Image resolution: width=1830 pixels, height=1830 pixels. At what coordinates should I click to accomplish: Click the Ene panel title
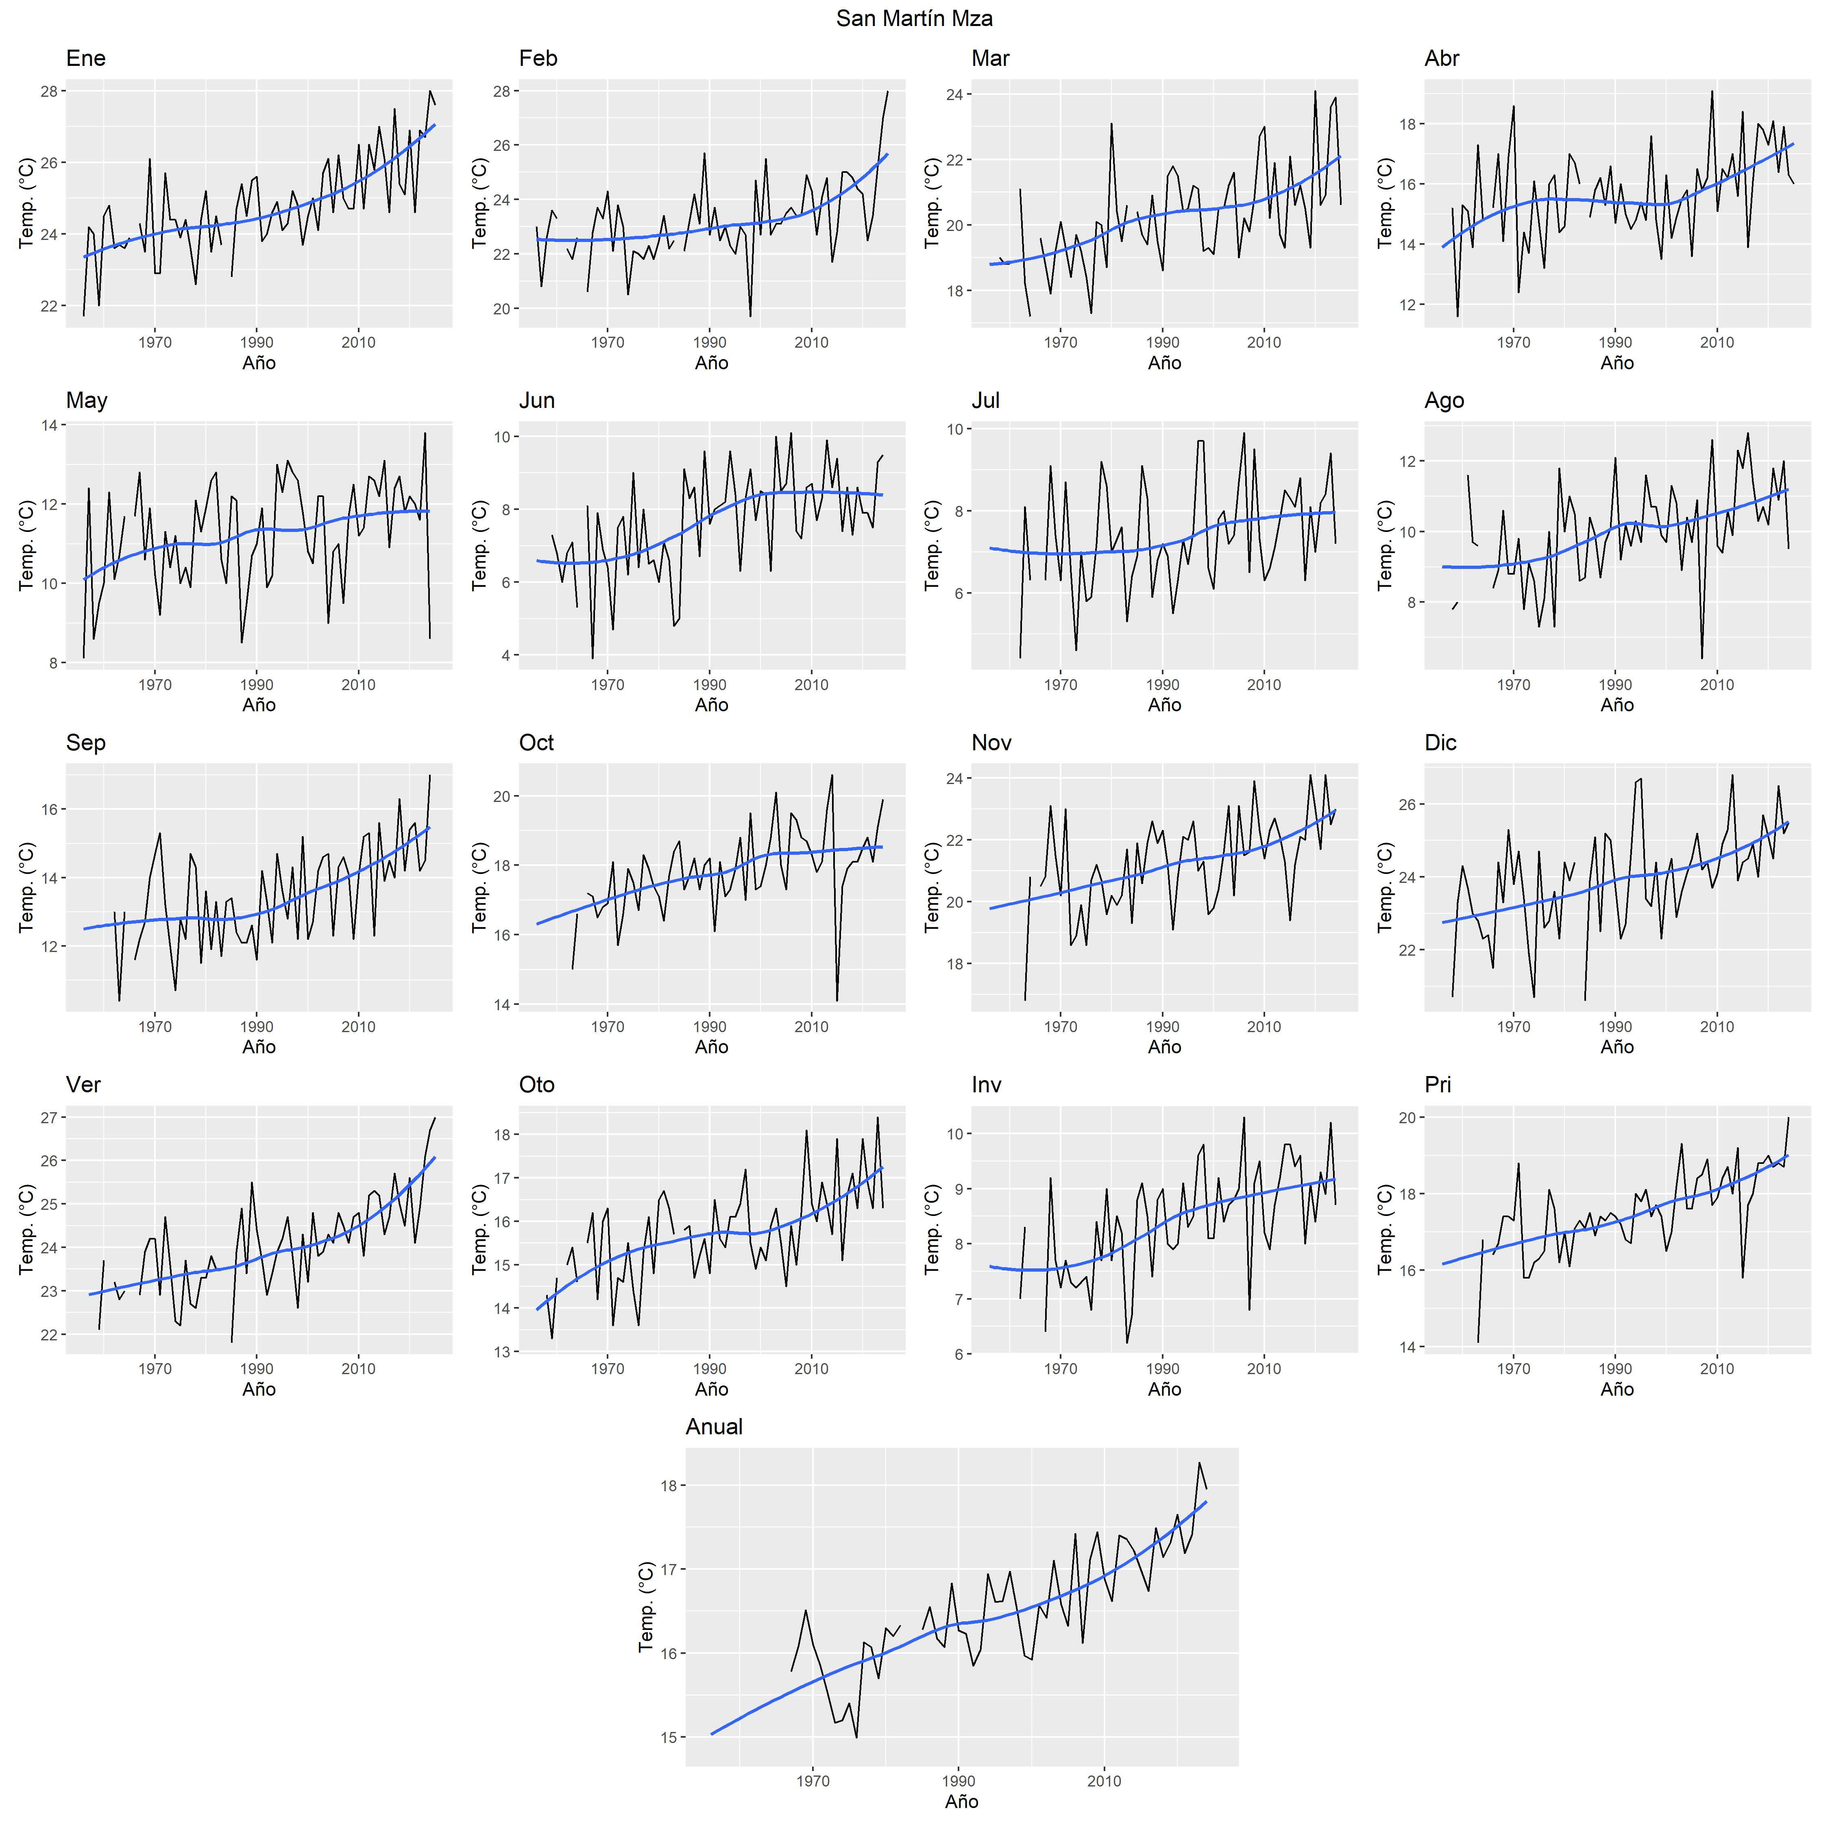click(85, 59)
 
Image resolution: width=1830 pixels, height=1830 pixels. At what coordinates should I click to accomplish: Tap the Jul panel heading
click(985, 401)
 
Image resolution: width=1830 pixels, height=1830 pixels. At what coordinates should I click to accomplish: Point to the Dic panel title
click(1440, 743)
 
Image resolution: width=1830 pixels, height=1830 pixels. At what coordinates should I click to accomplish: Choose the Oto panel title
click(536, 1085)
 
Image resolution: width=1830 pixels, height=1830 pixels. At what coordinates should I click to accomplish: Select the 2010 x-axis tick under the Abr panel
click(1716, 343)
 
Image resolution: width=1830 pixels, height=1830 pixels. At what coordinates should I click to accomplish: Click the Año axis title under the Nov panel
click(1164, 1047)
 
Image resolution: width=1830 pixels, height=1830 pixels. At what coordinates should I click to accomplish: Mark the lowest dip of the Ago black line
click(1702, 658)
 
